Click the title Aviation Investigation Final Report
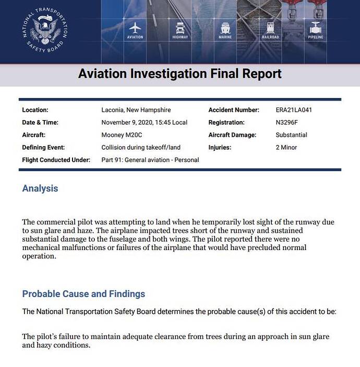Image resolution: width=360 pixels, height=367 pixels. coord(180,73)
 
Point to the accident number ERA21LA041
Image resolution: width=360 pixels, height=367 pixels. coord(294,110)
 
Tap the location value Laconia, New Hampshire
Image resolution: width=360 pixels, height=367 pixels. coord(136,110)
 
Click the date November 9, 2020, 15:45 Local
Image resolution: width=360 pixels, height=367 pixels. coord(145,123)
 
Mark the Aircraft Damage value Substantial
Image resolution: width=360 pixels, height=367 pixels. coord(291,135)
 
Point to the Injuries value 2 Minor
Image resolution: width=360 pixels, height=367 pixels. coord(286,148)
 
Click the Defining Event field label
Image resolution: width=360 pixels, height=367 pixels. coord(43,148)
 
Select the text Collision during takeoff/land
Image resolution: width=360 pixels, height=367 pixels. coord(140,148)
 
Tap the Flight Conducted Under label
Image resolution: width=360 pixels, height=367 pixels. coord(56,160)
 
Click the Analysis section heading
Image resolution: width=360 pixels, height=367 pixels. coord(40,188)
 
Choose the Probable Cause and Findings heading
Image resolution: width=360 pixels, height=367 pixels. coord(83,294)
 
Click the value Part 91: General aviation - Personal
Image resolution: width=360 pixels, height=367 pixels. coord(150,160)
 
